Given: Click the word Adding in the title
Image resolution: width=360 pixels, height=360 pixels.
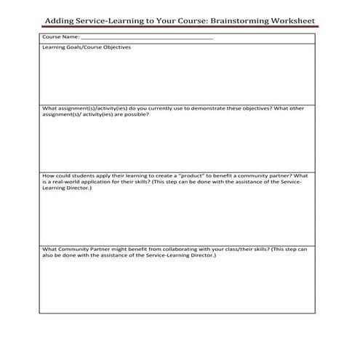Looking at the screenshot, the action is [x=60, y=22].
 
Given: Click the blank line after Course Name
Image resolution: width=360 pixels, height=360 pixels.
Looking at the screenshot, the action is [x=146, y=36].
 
